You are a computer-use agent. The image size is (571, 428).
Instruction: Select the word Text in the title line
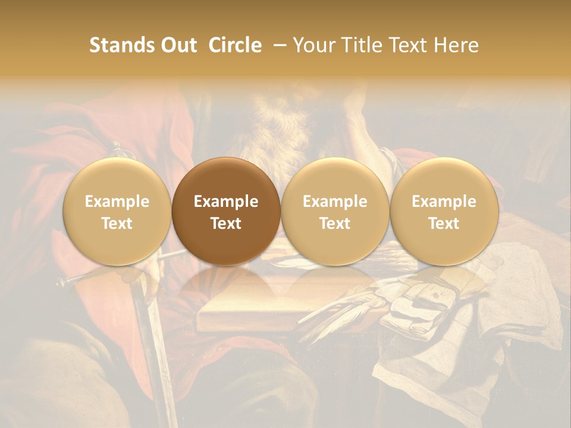pos(409,45)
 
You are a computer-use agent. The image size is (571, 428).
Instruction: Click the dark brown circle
pos(226,212)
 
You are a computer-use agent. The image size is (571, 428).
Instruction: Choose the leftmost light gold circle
pos(117,212)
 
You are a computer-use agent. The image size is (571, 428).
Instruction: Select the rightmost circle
pos(444,212)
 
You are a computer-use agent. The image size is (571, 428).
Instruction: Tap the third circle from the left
pos(335,212)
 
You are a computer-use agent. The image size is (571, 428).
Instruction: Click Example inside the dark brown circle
pos(226,202)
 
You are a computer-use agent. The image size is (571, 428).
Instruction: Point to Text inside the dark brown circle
pos(226,224)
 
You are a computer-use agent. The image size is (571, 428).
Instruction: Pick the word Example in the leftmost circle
pos(117,202)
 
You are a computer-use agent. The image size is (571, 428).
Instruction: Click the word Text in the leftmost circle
pos(117,224)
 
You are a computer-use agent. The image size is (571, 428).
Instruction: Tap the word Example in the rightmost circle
pos(444,202)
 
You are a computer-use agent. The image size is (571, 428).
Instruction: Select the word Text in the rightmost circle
pos(444,224)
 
